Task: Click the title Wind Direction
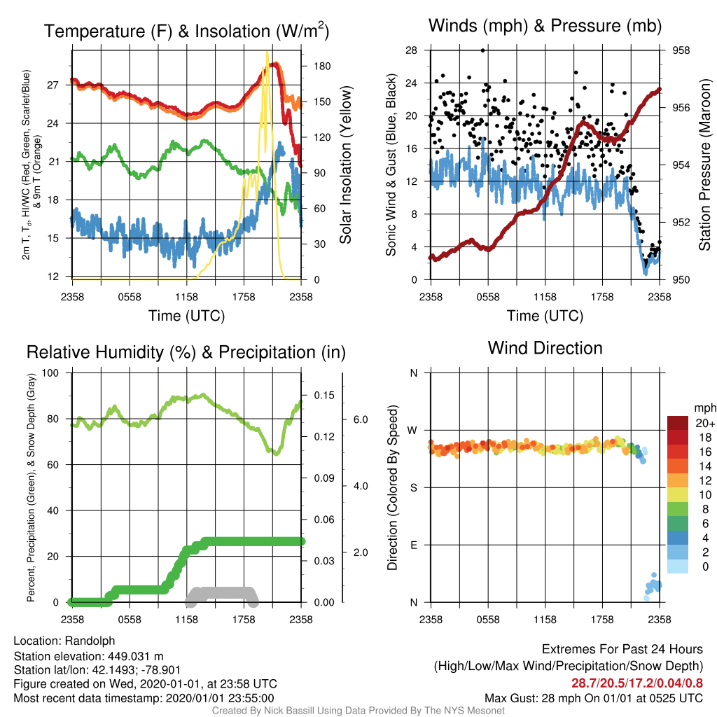pos(545,348)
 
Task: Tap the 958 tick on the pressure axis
pos(681,50)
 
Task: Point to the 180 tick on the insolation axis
pos(322,67)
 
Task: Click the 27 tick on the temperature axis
pos(53,85)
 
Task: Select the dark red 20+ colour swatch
pos(678,423)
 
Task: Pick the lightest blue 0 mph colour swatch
pos(678,566)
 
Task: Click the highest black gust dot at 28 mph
pos(483,50)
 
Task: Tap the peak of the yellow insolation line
pos(267,52)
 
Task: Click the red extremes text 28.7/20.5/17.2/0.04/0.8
pos(637,683)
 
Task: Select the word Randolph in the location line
pos(90,641)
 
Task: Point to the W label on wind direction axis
pos(412,431)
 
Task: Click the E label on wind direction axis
pos(413,545)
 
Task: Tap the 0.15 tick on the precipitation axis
pos(323,395)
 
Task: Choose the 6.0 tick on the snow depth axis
pos(361,420)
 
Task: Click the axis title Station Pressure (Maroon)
pos(704,165)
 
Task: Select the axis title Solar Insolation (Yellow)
pos(345,165)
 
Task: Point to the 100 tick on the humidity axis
pos(50,373)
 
